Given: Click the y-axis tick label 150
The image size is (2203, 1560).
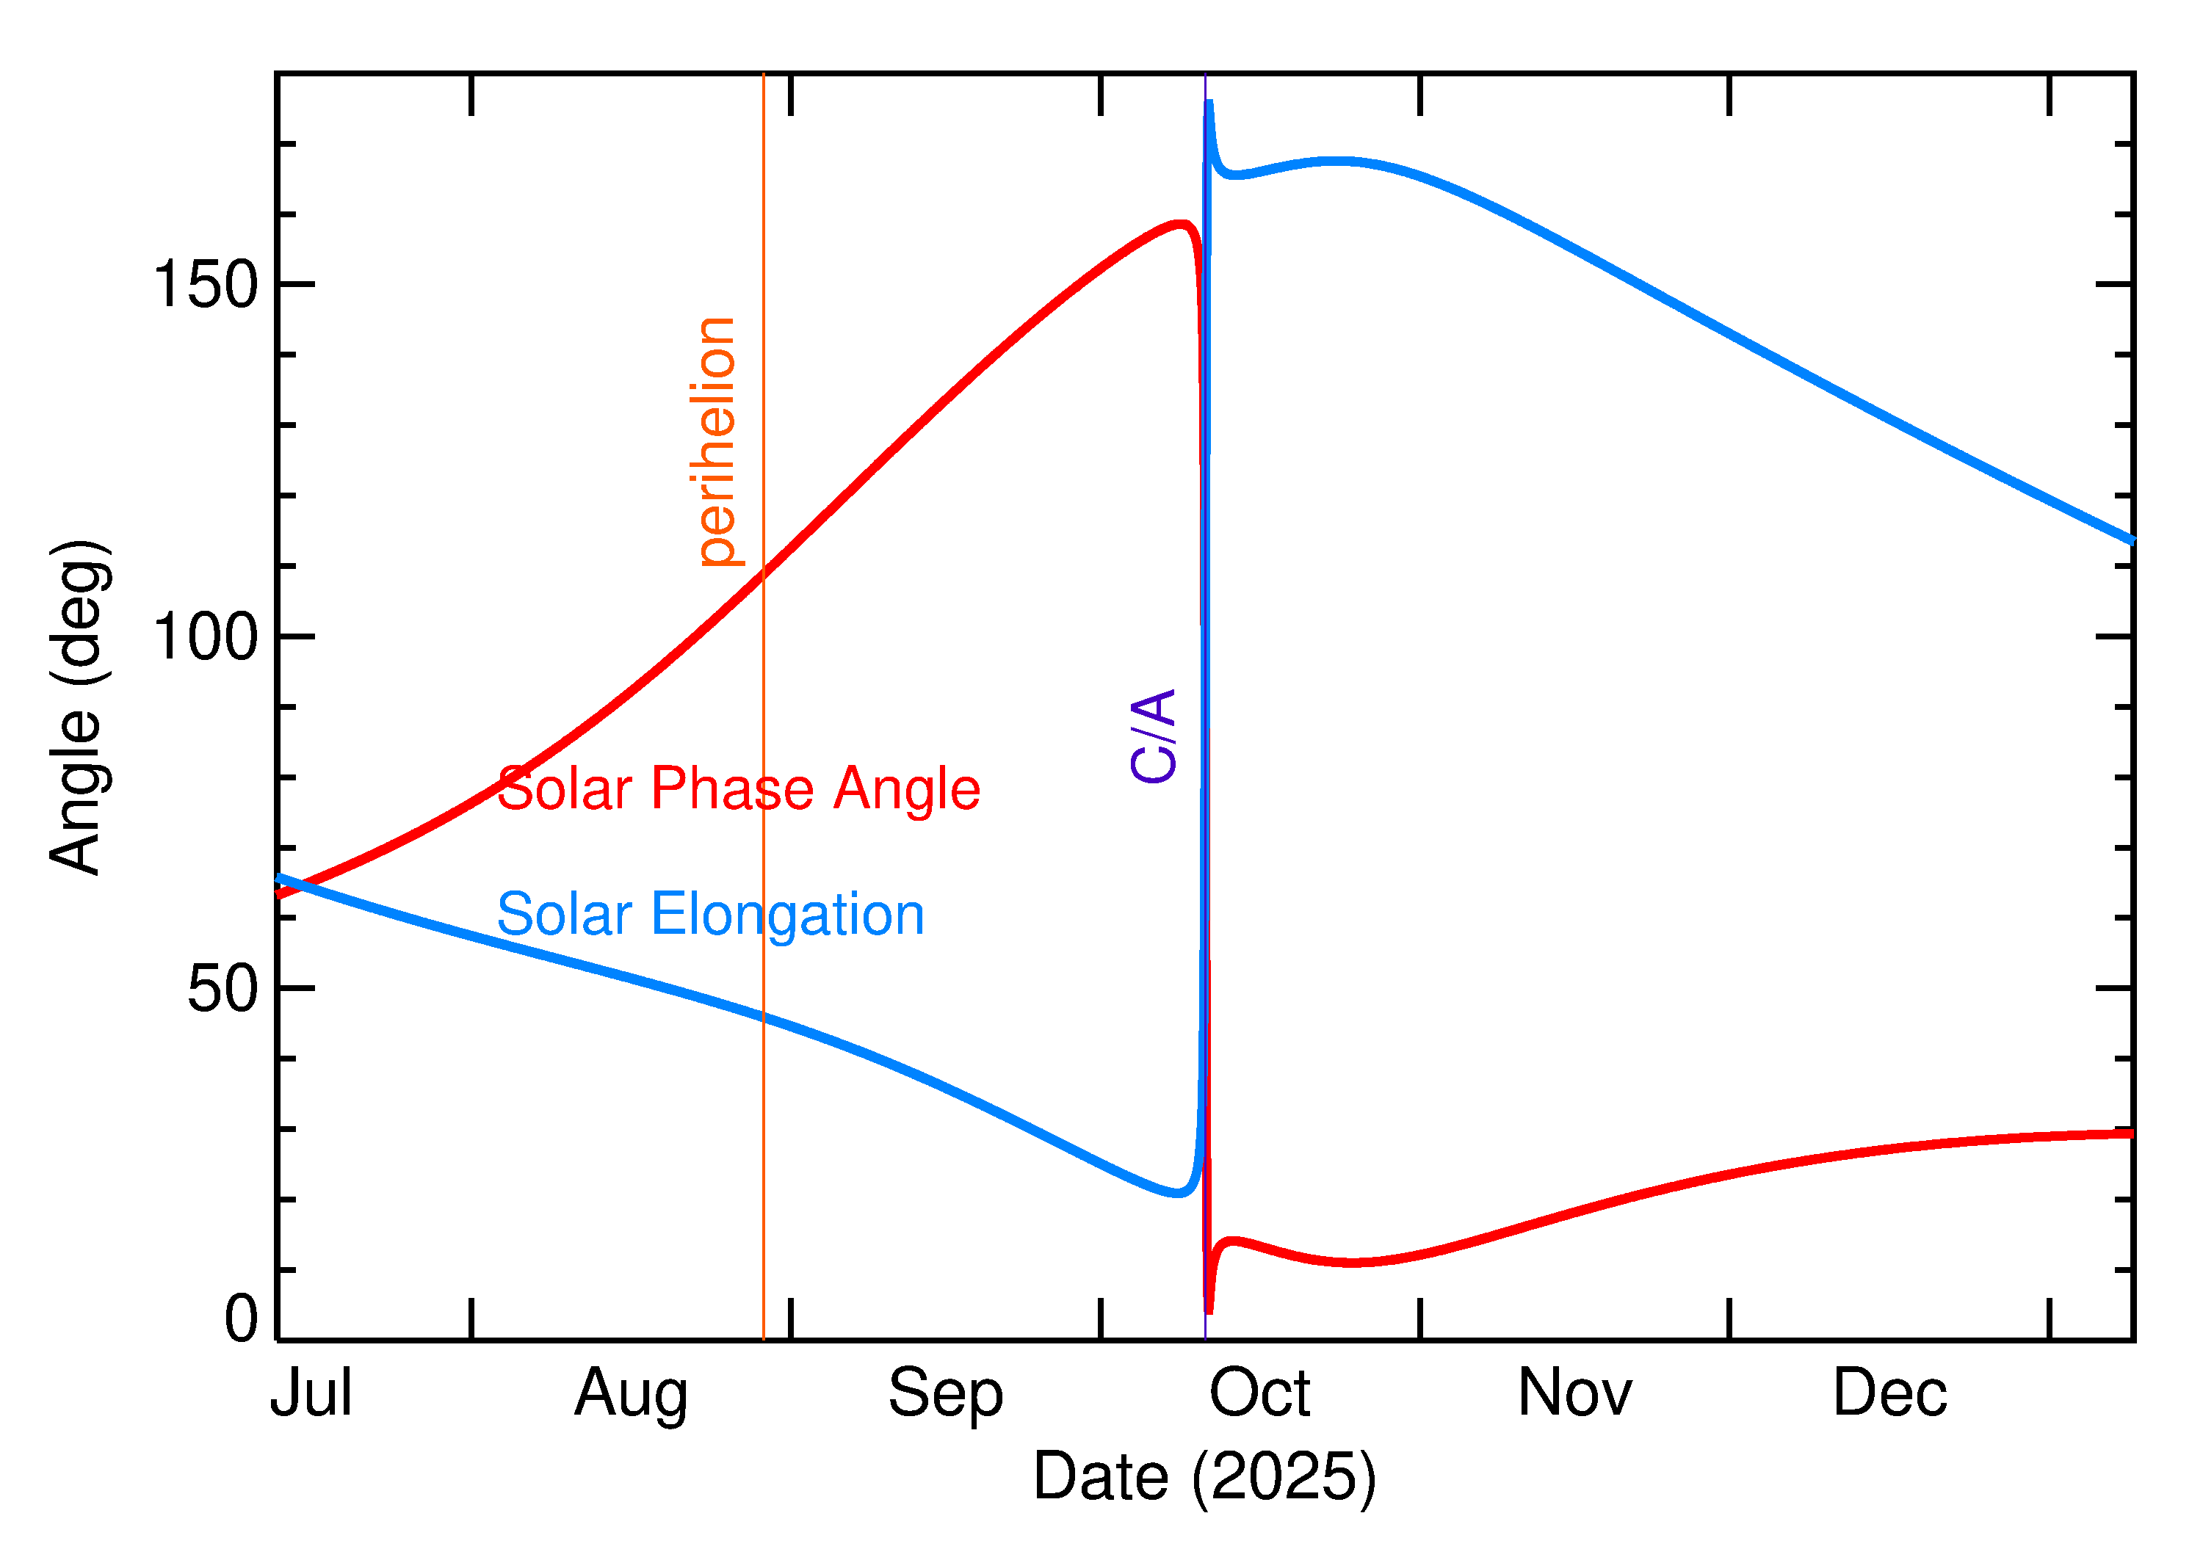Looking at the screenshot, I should [206, 286].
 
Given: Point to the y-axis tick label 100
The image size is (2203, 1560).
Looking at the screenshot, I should [206, 637].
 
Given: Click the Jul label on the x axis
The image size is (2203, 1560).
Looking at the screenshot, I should [311, 1394].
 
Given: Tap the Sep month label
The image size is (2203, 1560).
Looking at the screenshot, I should [945, 1394].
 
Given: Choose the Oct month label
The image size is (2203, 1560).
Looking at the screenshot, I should [1259, 1394].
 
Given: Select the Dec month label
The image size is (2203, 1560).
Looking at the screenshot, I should [1889, 1394].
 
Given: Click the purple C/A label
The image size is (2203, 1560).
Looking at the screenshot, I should [1153, 736].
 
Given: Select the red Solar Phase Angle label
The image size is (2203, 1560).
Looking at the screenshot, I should [738, 790].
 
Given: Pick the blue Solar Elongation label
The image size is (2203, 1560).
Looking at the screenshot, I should [710, 915].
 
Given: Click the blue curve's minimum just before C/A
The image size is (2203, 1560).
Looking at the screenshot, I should [1178, 1194].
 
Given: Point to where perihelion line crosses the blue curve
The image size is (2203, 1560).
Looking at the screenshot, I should [763, 1017].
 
